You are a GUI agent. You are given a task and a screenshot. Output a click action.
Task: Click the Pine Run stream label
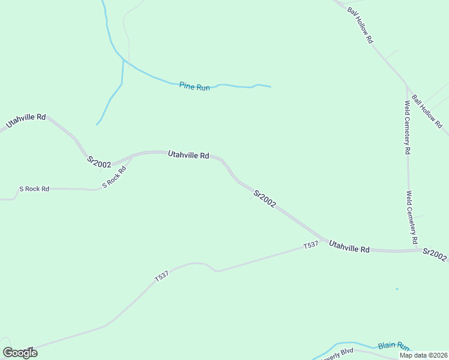coord(194,86)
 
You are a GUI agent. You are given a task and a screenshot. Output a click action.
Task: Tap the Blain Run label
coord(394,347)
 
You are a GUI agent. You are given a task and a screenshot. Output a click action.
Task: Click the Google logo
coord(20,353)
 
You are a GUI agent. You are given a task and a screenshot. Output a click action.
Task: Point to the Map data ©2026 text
coord(423,355)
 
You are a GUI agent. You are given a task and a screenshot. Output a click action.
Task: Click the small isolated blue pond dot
coord(397,289)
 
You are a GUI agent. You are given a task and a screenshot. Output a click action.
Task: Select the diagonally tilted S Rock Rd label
coord(114,177)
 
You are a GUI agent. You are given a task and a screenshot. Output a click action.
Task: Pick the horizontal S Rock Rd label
coord(34,188)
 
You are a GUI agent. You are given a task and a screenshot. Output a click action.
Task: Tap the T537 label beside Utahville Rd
coord(310,245)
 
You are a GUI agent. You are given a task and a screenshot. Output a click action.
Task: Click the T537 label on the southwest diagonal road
coord(161,277)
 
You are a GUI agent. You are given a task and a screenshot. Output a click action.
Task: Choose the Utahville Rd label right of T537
coord(349,246)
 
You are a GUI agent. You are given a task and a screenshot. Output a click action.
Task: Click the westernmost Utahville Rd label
coord(26,121)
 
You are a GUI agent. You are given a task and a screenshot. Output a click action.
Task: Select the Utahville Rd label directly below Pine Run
coord(188,155)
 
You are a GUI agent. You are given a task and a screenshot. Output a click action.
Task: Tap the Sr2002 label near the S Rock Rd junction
coord(99,162)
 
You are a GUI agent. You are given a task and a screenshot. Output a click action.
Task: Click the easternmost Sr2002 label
coord(435,255)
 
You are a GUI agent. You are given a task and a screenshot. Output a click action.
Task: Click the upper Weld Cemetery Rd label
coord(407,127)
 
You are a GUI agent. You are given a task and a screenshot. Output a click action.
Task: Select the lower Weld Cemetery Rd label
coord(412,217)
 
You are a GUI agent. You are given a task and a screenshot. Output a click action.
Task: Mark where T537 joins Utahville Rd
coord(325,241)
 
